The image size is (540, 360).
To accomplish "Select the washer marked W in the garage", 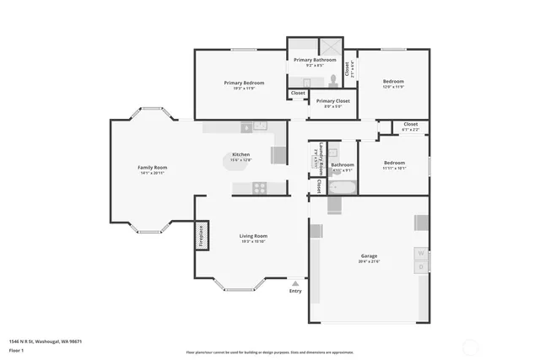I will tap(420, 253).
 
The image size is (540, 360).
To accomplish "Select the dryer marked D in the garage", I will tap(420, 267).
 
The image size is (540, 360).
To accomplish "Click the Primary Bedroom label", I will tap(244, 83).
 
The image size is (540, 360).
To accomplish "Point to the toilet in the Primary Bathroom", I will tap(334, 79).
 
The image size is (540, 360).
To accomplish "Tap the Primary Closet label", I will tap(332, 100).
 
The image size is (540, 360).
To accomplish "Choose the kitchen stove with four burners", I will tap(261, 187).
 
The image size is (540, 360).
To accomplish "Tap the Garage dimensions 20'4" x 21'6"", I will tap(369, 261).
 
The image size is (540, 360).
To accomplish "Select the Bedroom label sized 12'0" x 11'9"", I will tap(393, 81).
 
